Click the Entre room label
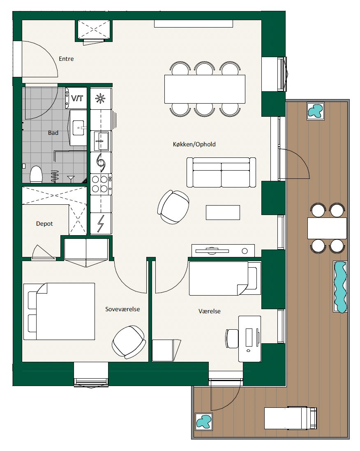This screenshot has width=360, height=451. pyautogui.click(x=66, y=59)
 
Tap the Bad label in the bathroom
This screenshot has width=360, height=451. pyautogui.click(x=53, y=133)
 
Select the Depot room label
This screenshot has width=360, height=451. pyautogui.click(x=44, y=224)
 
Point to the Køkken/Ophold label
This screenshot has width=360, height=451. pyautogui.click(x=194, y=144)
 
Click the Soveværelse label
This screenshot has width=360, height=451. pyautogui.click(x=122, y=309)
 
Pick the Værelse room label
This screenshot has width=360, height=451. pyautogui.click(x=209, y=311)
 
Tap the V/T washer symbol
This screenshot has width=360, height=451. pyautogui.click(x=76, y=98)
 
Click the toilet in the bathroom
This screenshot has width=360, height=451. pyautogui.click(x=36, y=174)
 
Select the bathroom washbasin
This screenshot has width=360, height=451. pyautogui.click(x=78, y=127)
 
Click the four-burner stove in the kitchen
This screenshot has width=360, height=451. pyautogui.click(x=101, y=184)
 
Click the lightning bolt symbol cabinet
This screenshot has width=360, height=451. pyautogui.click(x=101, y=224)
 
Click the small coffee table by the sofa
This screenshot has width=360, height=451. pyautogui.click(x=223, y=213)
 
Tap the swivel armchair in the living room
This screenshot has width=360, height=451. pyautogui.click(x=173, y=207)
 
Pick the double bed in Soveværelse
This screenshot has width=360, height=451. pyautogui.click(x=59, y=312)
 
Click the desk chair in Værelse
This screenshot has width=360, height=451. pyautogui.click(x=232, y=338)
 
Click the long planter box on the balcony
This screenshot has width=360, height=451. pyautogui.click(x=340, y=287)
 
